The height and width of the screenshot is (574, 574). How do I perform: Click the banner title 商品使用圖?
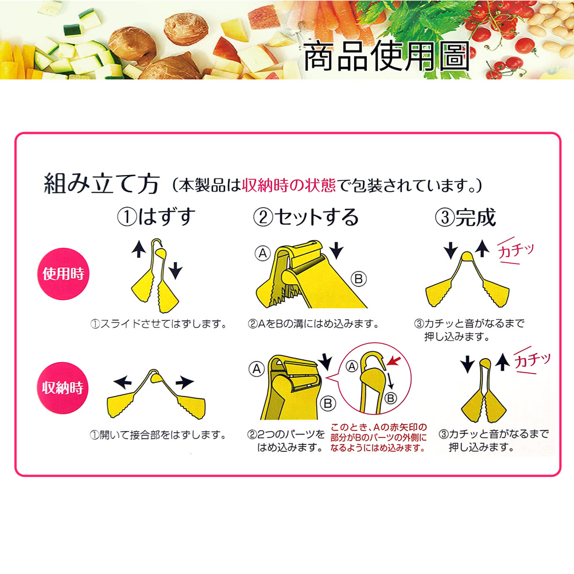386,56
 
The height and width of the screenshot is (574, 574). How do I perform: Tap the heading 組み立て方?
102,184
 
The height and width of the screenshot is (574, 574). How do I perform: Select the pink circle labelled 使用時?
63,274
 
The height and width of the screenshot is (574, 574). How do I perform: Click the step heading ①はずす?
156,216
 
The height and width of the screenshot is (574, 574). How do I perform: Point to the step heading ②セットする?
306,217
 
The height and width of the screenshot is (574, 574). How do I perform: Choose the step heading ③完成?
466,217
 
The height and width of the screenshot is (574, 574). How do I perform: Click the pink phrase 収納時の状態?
289,185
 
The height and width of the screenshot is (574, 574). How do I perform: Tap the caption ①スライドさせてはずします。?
158,324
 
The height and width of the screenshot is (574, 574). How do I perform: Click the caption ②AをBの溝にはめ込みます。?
313,324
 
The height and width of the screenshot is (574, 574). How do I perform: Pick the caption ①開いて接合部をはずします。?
158,435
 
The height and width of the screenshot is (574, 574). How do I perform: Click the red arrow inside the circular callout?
394,360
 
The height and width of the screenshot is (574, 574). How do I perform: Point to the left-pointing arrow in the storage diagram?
123,382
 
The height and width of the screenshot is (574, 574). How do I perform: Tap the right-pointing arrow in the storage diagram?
185,382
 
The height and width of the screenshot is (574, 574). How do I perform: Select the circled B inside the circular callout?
390,398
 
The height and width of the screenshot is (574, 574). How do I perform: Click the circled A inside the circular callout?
352,366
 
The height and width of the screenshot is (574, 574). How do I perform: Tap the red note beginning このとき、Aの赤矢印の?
378,437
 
